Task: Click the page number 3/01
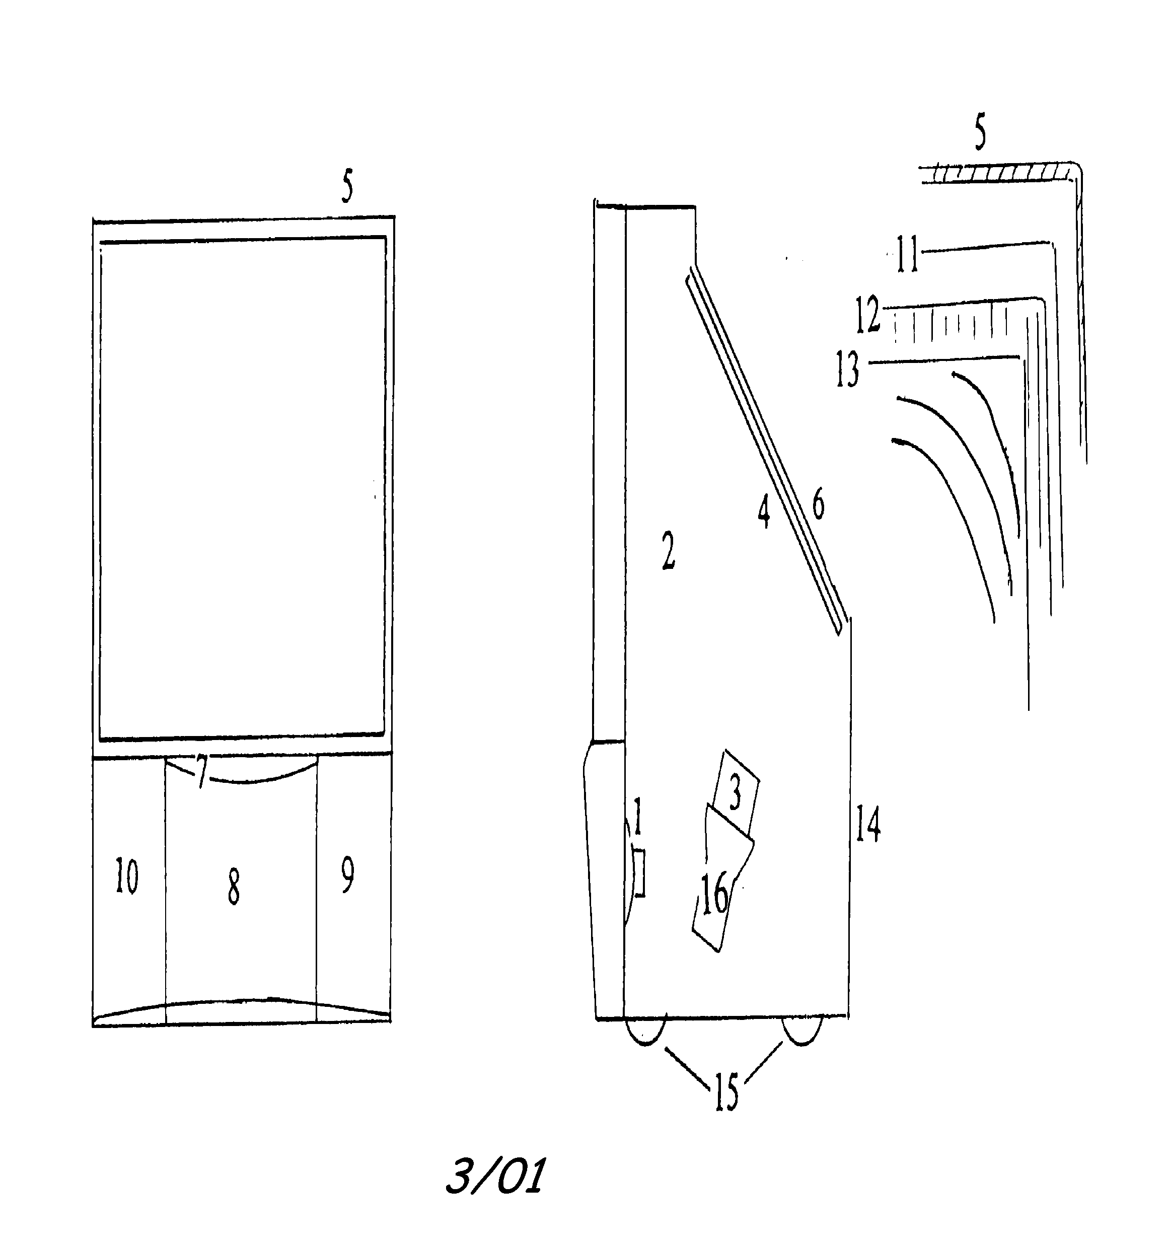tap(495, 1176)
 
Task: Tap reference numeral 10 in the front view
tap(127, 877)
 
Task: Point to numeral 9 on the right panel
tap(347, 875)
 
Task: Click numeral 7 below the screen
tap(200, 772)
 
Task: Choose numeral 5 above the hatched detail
tap(980, 133)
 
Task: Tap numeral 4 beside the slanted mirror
tap(763, 512)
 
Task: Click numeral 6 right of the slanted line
tap(818, 505)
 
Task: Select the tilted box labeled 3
tap(734, 793)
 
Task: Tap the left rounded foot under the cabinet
tap(645, 1031)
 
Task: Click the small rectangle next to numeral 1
tap(639, 872)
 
